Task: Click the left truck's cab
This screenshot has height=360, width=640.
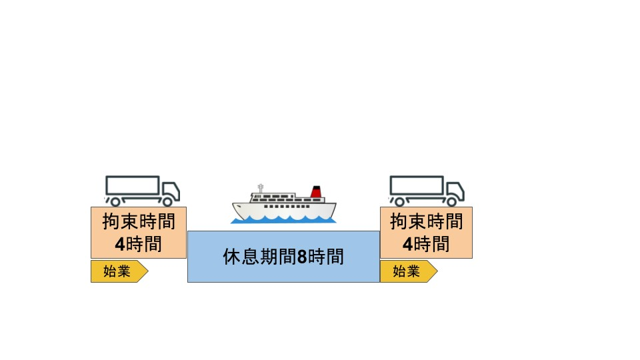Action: pyautogui.click(x=171, y=191)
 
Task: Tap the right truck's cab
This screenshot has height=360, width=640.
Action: pyautogui.click(x=455, y=191)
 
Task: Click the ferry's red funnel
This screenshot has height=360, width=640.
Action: pyautogui.click(x=316, y=192)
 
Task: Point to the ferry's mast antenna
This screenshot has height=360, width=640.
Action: pyautogui.click(x=261, y=189)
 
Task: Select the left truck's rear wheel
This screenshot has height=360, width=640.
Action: pyautogui.click(x=115, y=201)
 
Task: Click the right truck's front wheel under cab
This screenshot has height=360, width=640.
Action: pyautogui.click(x=451, y=201)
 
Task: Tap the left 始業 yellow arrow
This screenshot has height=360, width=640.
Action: pyautogui.click(x=119, y=271)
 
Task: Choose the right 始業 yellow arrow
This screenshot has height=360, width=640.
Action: pyautogui.click(x=409, y=271)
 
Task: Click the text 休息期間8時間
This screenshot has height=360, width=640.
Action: pyautogui.click(x=283, y=257)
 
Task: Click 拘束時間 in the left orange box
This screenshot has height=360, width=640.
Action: pyautogui.click(x=139, y=221)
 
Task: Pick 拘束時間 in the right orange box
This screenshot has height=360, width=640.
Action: pyautogui.click(x=427, y=221)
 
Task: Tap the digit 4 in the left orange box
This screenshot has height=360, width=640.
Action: pyautogui.click(x=119, y=244)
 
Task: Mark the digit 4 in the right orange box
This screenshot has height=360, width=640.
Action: pyautogui.click(x=407, y=244)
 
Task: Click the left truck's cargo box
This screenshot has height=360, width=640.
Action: pyautogui.click(x=132, y=185)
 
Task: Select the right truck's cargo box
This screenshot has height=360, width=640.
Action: pyautogui.click(x=417, y=185)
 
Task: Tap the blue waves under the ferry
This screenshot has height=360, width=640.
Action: pyautogui.click(x=283, y=220)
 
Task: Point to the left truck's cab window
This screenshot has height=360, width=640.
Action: pyautogui.click(x=169, y=189)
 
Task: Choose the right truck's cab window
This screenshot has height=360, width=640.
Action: pyautogui.click(x=453, y=189)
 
